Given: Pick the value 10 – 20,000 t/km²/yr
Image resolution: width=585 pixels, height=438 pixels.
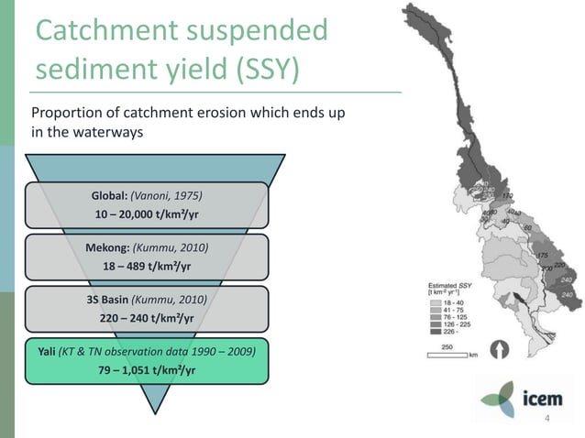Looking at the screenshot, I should (x=146, y=214).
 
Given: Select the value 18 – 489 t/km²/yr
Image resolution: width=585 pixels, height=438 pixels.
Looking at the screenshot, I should (x=146, y=266).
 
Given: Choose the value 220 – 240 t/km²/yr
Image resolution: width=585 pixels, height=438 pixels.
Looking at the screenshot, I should (x=146, y=318).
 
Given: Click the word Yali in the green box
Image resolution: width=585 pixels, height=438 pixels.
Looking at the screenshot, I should (x=47, y=352).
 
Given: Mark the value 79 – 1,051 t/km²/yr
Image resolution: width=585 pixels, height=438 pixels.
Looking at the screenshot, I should (x=146, y=369).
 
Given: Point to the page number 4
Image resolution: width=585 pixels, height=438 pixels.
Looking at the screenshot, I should (x=547, y=419).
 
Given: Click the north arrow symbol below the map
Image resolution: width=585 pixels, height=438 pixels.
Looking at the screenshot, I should (x=501, y=349).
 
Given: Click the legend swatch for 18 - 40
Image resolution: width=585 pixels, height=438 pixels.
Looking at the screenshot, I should (x=433, y=301).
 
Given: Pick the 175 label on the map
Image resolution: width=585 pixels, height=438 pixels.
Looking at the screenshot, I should (x=542, y=255).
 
